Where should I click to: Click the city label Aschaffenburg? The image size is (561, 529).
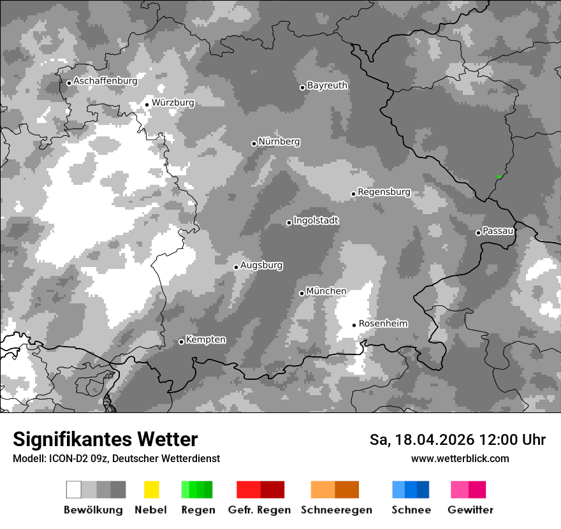click(x=105, y=81)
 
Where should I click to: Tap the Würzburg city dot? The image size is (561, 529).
click(x=147, y=105)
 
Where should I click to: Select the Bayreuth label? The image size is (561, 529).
click(x=327, y=85)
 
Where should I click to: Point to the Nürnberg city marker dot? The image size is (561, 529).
click(x=254, y=143)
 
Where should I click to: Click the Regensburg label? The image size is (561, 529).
click(x=384, y=192)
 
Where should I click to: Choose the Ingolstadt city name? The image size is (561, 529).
click(x=316, y=221)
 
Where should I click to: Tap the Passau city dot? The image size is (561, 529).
click(x=478, y=233)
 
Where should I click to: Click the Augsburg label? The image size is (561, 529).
click(x=261, y=265)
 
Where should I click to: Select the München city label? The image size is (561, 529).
click(x=326, y=291)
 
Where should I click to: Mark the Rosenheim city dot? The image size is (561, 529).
click(x=354, y=325)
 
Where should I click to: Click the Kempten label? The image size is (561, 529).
click(x=205, y=340)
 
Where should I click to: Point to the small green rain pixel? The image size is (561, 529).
click(x=499, y=177)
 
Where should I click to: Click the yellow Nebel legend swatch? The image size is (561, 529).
click(x=151, y=489)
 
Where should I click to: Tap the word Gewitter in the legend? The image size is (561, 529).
click(x=470, y=510)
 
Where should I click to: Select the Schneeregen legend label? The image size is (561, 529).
click(x=337, y=510)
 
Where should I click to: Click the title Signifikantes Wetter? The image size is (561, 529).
click(x=105, y=439)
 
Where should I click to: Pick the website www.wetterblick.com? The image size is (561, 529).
click(x=460, y=458)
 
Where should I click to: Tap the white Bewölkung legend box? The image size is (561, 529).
click(x=74, y=489)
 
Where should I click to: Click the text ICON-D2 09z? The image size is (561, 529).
click(x=75, y=458)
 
